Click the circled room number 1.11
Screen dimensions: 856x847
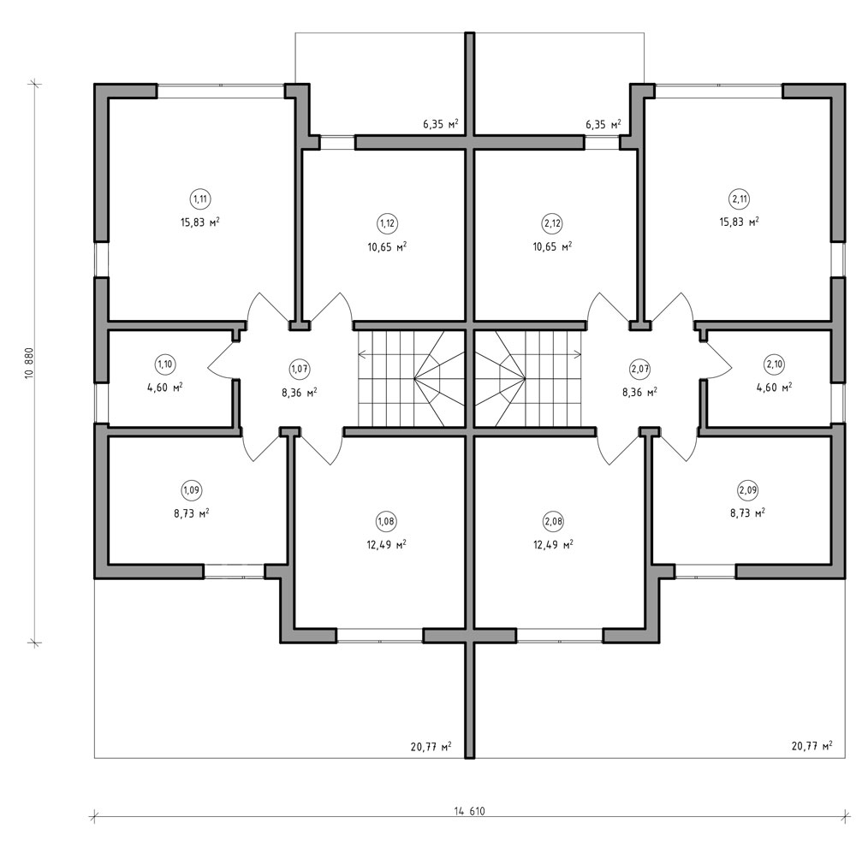click(x=200, y=198)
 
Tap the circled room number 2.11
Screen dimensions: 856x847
click(x=740, y=198)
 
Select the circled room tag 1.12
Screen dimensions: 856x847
click(x=387, y=223)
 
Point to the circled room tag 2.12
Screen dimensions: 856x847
click(x=552, y=223)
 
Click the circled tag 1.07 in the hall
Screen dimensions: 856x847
click(x=299, y=369)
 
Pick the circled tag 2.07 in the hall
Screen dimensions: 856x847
click(x=639, y=369)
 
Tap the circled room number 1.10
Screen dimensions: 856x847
click(x=164, y=364)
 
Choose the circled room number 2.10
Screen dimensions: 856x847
click(x=774, y=364)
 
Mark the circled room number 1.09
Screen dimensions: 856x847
click(x=191, y=490)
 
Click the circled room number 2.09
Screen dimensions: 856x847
click(x=747, y=490)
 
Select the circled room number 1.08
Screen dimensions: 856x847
click(x=386, y=521)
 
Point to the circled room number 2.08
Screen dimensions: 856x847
click(x=553, y=521)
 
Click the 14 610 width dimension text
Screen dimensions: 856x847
click(x=469, y=811)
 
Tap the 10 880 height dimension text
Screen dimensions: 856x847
click(x=29, y=363)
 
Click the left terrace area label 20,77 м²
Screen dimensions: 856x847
click(x=431, y=746)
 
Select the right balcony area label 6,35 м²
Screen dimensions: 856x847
click(x=603, y=124)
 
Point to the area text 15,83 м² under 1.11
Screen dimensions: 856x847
click(x=200, y=222)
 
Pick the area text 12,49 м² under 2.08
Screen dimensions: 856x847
click(x=553, y=545)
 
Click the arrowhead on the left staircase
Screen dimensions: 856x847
click(x=361, y=355)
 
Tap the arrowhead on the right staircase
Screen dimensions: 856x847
click(x=579, y=355)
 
